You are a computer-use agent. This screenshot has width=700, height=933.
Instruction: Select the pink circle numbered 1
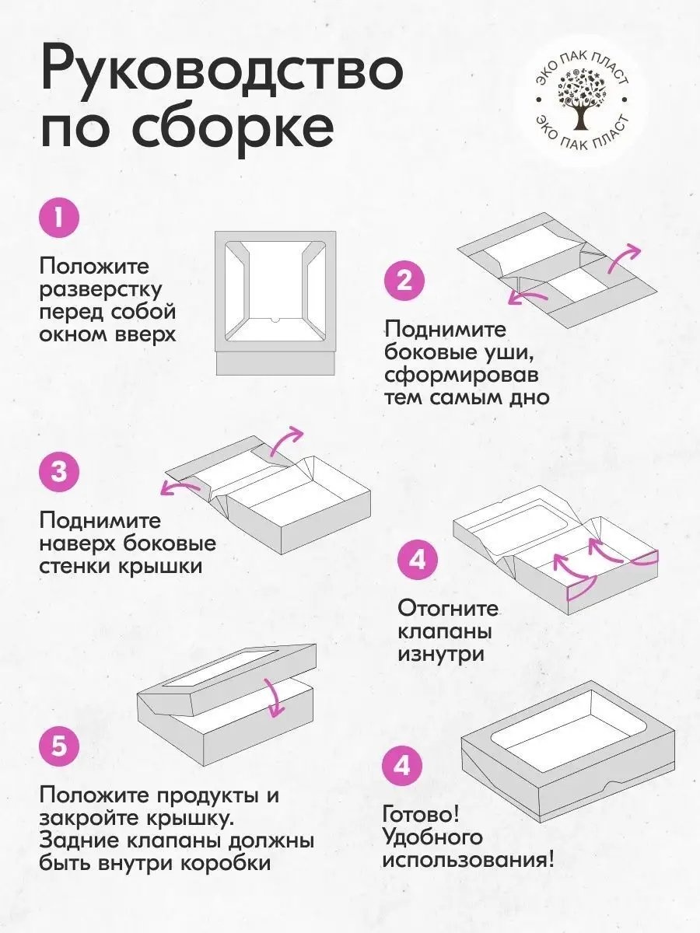tap(60, 219)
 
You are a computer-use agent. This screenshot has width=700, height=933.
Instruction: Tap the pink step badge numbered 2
tap(404, 282)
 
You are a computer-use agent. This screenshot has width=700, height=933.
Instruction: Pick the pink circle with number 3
tap(59, 472)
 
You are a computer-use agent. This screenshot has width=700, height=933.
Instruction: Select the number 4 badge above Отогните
tap(418, 560)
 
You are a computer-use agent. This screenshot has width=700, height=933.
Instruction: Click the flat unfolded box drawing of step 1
tap(275, 302)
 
